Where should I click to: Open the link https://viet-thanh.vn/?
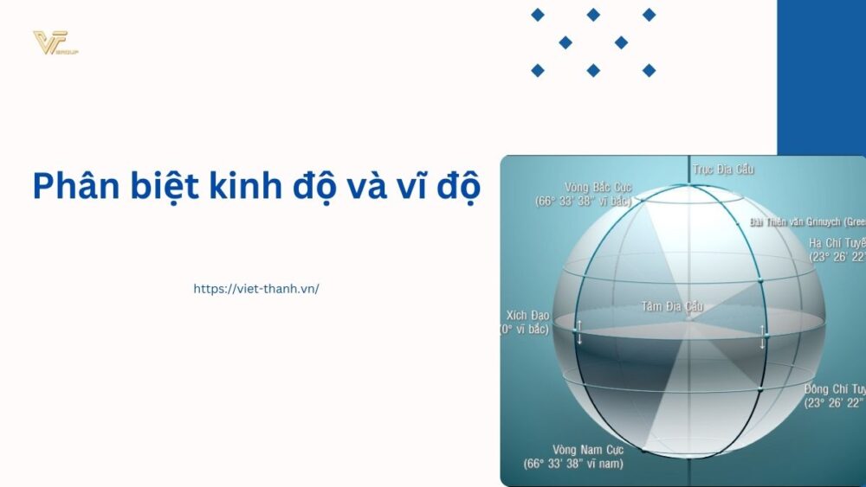256,289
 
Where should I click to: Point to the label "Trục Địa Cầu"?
721,170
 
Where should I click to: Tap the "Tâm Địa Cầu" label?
672,306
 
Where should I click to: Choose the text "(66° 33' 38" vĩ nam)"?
573,464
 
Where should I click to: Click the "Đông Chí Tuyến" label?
834,389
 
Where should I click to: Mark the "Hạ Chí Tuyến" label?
837,242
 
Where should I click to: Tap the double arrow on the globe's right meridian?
762,336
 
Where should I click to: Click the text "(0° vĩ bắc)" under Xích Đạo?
529,330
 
